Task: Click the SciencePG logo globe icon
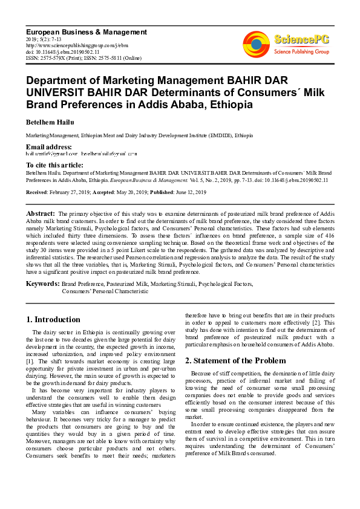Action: [256, 43]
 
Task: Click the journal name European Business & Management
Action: [87, 31]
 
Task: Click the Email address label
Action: [48, 147]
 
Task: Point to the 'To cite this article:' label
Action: [54, 165]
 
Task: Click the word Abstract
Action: [41, 214]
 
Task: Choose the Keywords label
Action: [42, 283]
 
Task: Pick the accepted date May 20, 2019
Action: [136, 192]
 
